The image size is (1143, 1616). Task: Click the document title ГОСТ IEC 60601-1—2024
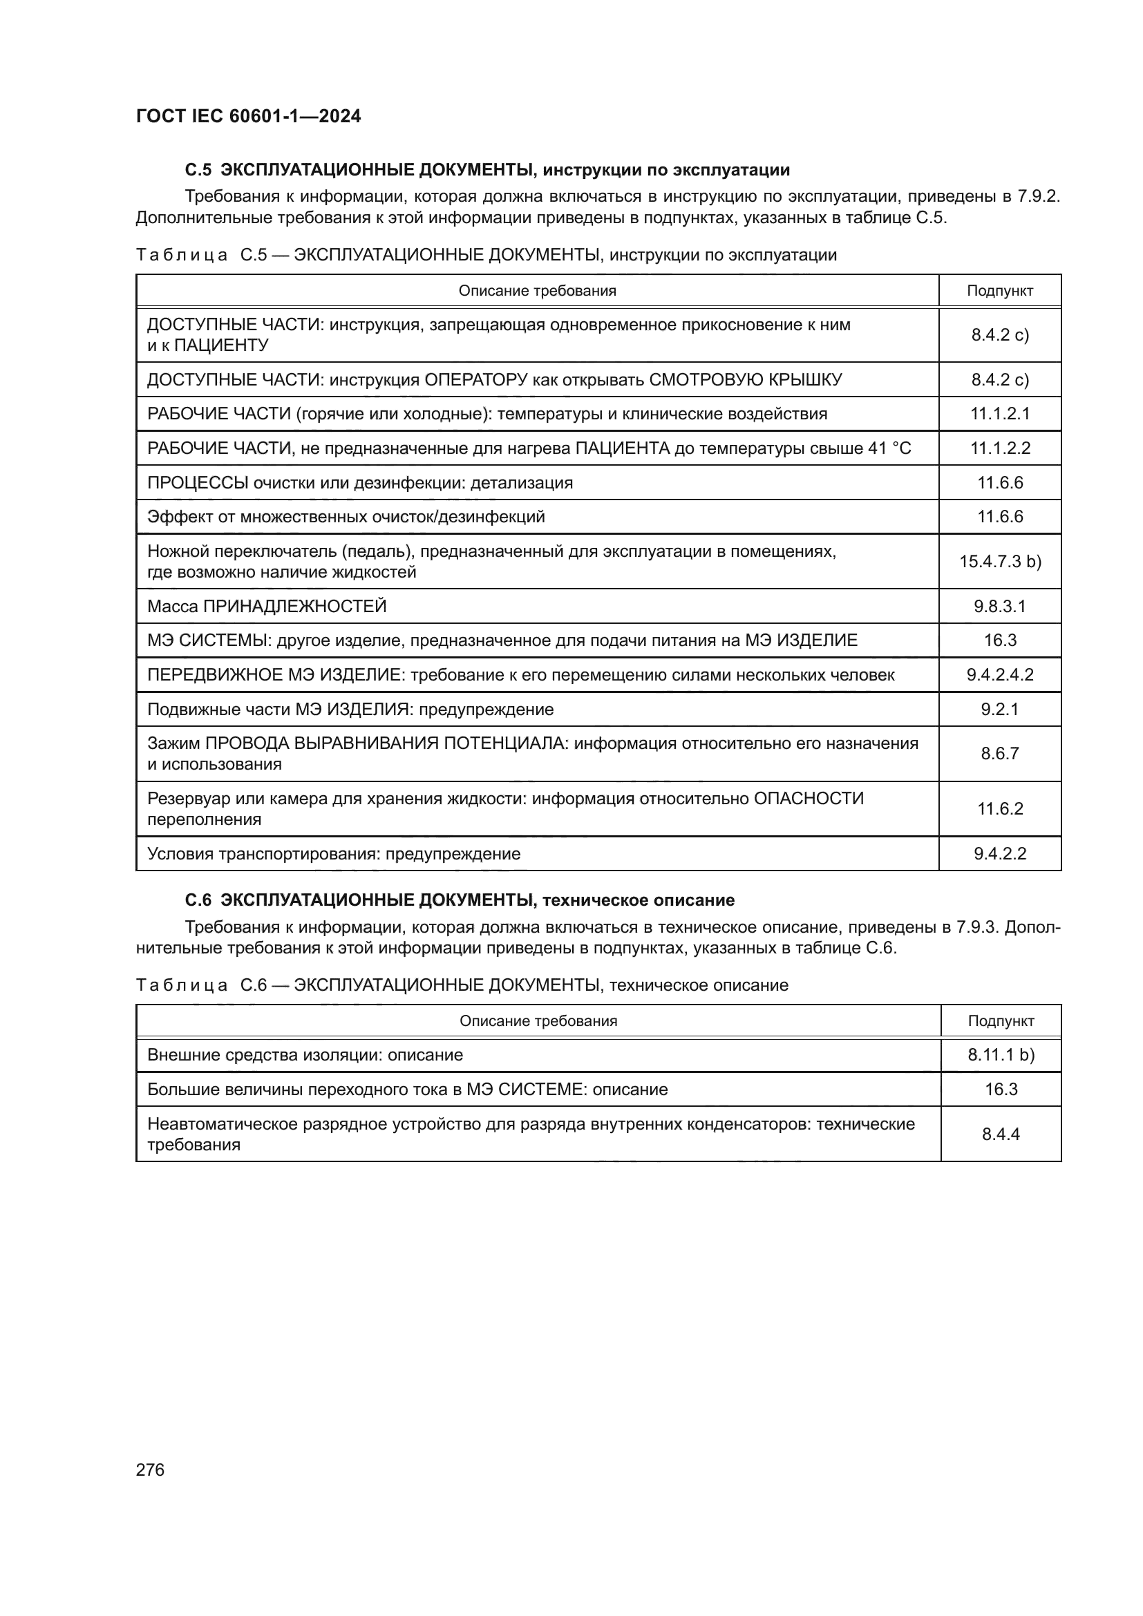[249, 116]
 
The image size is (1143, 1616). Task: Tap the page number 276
[150, 1470]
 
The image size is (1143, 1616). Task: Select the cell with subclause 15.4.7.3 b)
[999, 561]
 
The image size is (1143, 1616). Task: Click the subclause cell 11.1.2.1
[999, 414]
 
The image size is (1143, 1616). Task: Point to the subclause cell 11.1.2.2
[999, 448]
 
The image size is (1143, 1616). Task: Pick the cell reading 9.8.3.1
[999, 606]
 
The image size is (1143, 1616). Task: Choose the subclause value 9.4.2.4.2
[999, 675]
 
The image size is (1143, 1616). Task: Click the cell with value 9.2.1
[999, 710]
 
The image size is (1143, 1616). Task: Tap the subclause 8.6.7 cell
[999, 754]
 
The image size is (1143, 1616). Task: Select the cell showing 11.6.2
[999, 809]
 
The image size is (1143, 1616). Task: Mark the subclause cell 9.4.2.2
[999, 854]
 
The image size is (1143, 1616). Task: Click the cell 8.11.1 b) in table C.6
[1001, 1055]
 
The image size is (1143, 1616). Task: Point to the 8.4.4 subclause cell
[1001, 1134]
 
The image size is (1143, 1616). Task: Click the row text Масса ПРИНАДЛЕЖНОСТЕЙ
[267, 606]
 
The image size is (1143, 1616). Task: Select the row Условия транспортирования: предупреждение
[334, 854]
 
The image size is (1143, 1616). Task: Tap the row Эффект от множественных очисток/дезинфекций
[346, 517]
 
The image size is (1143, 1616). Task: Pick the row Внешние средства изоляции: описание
[305, 1055]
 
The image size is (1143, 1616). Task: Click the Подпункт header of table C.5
[999, 291]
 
